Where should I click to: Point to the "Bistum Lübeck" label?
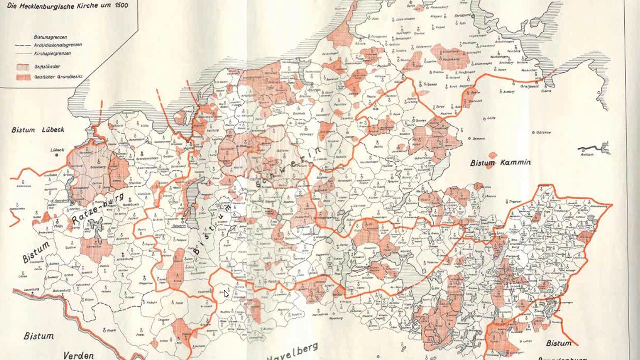(x=38, y=130)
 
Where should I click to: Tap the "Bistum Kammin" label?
(x=500, y=163)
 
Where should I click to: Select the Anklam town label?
(x=587, y=154)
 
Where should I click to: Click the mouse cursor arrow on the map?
(x=226, y=294)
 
